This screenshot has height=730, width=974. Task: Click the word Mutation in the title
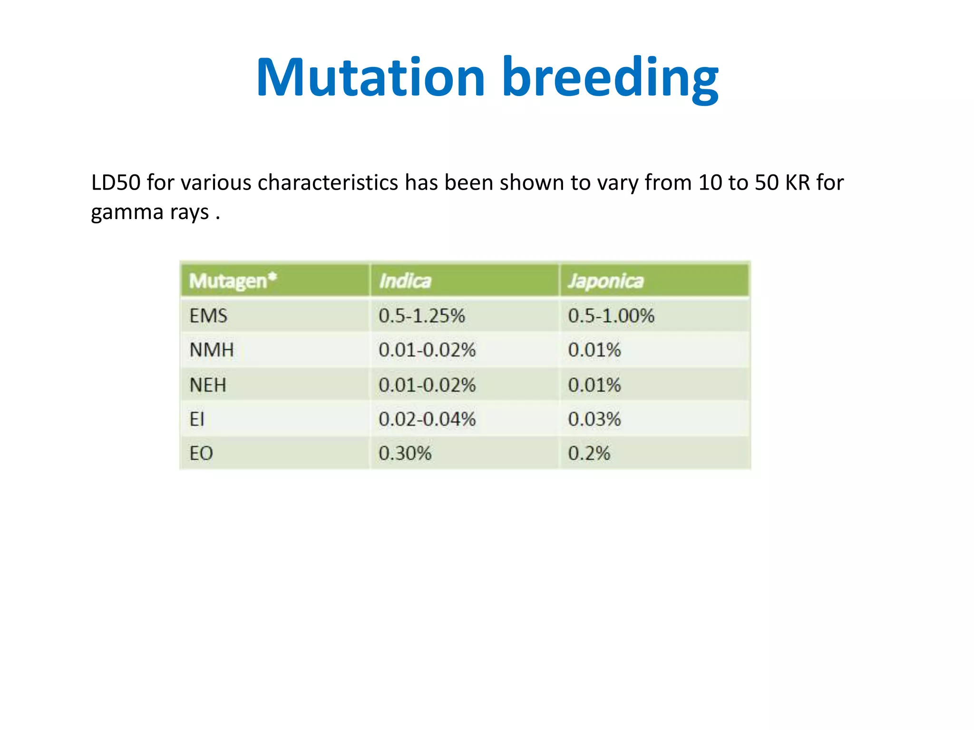click(370, 77)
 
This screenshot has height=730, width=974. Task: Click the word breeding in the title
click(610, 77)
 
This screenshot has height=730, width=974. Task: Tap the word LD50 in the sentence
click(116, 182)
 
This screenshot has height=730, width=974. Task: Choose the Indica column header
click(405, 281)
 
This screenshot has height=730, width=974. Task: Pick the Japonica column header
click(605, 281)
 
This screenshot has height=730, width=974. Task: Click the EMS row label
click(208, 316)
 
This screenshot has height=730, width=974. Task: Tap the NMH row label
click(212, 350)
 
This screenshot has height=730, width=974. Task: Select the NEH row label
click(208, 384)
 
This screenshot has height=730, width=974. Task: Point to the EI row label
click(197, 419)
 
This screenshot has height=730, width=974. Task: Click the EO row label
click(201, 453)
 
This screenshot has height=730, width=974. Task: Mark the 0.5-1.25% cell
click(421, 316)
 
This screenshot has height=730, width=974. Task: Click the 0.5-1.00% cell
click(611, 316)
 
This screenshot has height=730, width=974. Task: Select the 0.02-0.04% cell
click(427, 419)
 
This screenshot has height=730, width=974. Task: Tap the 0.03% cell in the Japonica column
click(594, 419)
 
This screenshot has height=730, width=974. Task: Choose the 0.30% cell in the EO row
click(405, 453)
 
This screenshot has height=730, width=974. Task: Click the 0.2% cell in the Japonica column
click(589, 453)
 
